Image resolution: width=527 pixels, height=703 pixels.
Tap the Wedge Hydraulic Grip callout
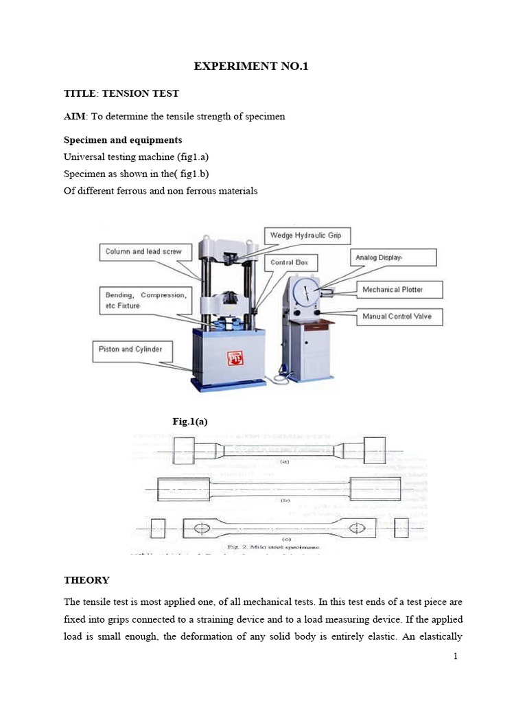[x=309, y=236]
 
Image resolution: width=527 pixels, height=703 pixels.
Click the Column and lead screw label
[x=143, y=252]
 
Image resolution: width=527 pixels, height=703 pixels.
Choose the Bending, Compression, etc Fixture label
[x=143, y=299]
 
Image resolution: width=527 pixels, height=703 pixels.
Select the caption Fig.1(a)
[x=189, y=422]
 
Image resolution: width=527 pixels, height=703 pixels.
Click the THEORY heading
[x=86, y=580]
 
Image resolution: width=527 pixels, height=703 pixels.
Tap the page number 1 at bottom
[x=454, y=656]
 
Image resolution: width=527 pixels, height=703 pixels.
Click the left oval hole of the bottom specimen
[x=204, y=528]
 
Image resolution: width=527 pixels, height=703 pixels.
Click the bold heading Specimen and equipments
[x=123, y=140]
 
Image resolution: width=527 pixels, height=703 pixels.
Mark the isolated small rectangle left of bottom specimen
[x=156, y=528]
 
